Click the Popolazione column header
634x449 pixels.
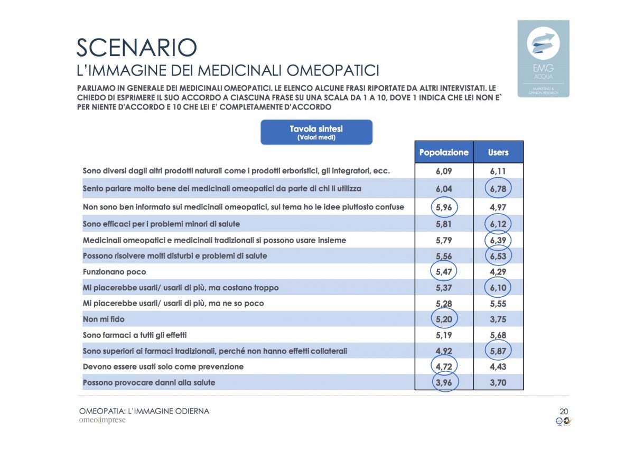444,152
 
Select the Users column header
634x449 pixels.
498,152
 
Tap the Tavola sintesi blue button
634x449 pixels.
316,132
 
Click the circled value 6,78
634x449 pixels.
498,189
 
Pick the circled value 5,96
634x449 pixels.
444,207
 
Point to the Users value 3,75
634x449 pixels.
498,319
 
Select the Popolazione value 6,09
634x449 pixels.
444,171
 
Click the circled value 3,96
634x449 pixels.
444,382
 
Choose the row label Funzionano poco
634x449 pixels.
114,272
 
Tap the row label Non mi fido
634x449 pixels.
104,319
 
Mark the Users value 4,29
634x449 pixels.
498,272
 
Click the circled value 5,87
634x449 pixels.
498,351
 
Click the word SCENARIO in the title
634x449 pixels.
137,48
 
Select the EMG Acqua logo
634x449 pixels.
543,58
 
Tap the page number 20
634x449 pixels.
564,411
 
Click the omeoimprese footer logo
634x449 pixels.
102,420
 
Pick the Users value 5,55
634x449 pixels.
498,303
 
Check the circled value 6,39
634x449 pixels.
498,240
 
